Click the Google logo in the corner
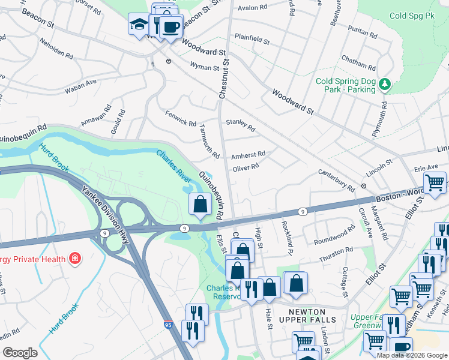click(x=20, y=353)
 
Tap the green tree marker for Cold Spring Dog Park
click(x=384, y=85)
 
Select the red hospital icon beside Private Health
click(x=74, y=259)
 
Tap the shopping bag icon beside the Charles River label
click(x=200, y=205)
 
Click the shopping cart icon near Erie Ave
click(x=435, y=182)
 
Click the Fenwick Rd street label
click(x=180, y=119)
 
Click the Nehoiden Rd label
click(x=55, y=50)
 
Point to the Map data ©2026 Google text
click(x=412, y=355)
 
